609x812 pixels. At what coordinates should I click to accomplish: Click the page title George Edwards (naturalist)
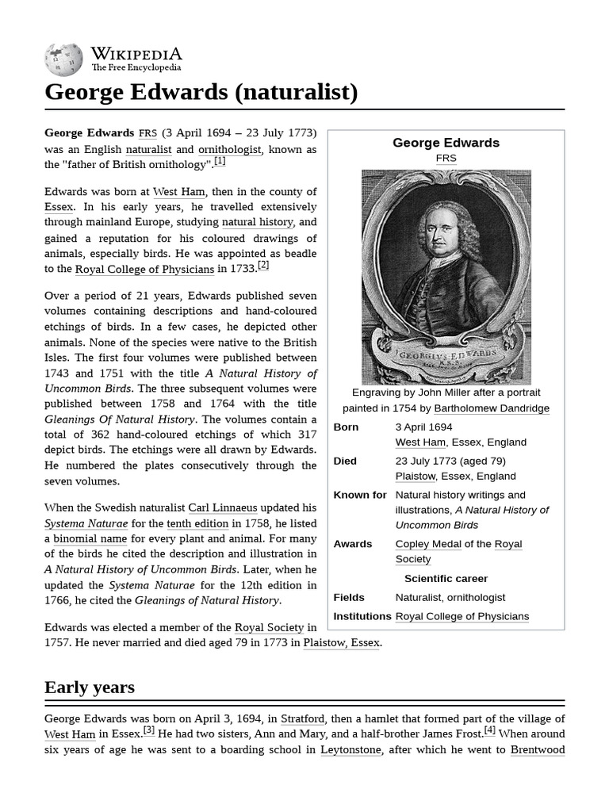coord(201,92)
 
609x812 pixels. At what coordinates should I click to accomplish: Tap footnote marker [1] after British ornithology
coord(220,161)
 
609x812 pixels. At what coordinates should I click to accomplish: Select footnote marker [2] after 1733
coord(263,266)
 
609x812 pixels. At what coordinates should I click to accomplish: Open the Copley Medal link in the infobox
coord(427,544)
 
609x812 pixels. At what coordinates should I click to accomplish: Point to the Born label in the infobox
coord(346,427)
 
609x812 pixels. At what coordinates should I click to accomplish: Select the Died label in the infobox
coord(345,462)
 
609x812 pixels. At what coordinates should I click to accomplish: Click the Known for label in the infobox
coord(359,496)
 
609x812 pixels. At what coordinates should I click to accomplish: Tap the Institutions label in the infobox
coord(362,617)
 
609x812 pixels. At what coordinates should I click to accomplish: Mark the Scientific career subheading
coord(446,579)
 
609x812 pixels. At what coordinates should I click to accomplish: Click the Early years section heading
coord(90,687)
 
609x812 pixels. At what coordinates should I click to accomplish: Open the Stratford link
coord(302,719)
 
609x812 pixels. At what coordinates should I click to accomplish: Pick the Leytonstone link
coord(350,750)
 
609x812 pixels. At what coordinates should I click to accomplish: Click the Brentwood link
coord(537,750)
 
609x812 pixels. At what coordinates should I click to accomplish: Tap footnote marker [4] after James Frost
coord(489,730)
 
